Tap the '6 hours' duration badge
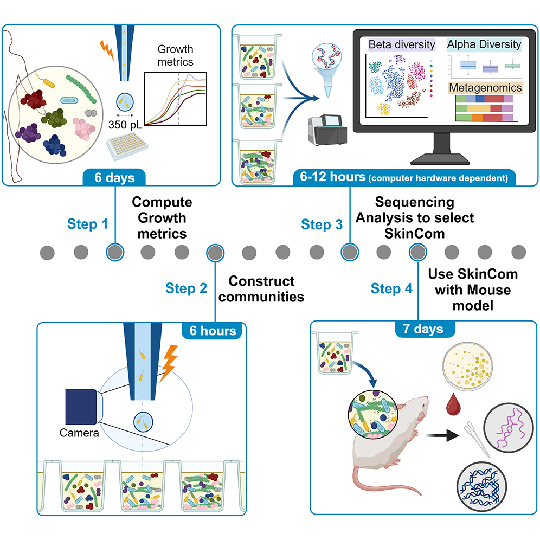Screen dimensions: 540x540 click(213, 330)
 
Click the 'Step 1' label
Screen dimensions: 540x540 click(87, 223)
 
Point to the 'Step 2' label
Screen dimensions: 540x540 click(187, 288)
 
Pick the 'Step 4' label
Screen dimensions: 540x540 click(391, 288)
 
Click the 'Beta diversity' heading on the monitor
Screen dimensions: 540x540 click(402, 45)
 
